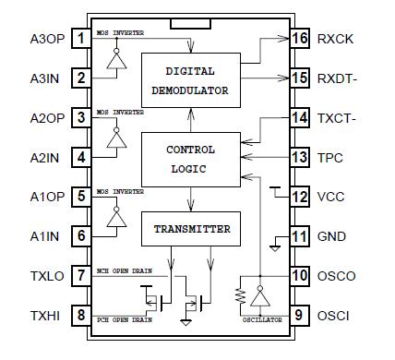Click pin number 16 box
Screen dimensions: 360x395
(298, 39)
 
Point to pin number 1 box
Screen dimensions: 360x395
(82, 38)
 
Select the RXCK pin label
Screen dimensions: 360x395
(336, 39)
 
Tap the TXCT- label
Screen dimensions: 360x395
(338, 118)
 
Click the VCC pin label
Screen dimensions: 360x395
(332, 198)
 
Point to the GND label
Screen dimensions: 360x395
(332, 237)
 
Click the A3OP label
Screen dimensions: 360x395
(47, 38)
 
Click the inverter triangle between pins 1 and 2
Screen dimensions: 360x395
(115, 59)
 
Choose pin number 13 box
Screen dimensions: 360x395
(298, 158)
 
